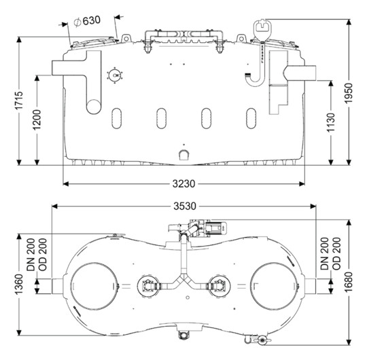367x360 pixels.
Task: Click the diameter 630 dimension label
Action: tap(87, 21)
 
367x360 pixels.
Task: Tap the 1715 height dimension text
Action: tap(19, 101)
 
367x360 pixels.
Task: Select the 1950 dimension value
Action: tap(349, 93)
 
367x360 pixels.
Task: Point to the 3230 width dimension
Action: tap(183, 183)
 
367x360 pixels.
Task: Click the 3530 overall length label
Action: tap(185, 206)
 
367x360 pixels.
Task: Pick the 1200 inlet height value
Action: tap(37, 120)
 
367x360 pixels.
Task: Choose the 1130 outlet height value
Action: tap(331, 122)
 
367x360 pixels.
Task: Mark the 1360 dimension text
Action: tap(19, 284)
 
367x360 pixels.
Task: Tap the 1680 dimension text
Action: tap(349, 282)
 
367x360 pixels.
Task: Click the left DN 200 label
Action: tap(31, 255)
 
